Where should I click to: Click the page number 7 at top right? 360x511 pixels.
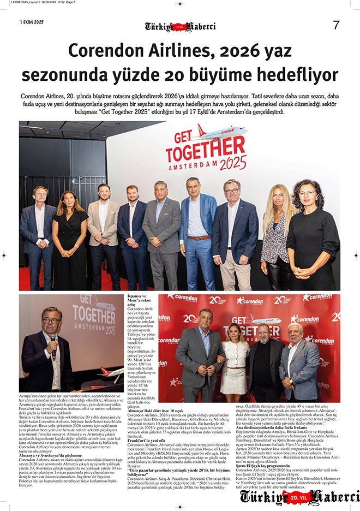click(x=336, y=25)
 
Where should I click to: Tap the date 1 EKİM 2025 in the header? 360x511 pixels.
click(x=31, y=22)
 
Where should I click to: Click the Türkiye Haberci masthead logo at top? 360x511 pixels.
click(x=180, y=26)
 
